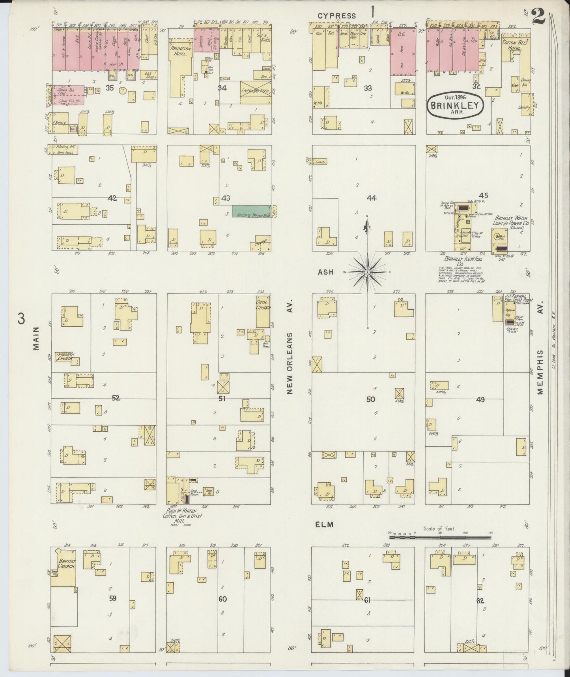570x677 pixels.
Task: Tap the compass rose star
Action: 367,272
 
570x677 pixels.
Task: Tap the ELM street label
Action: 324,525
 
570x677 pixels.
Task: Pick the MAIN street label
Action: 37,338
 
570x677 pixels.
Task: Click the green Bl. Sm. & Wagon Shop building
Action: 251,211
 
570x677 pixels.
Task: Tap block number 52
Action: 116,398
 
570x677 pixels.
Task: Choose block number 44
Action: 371,197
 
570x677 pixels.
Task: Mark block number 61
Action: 367,600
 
